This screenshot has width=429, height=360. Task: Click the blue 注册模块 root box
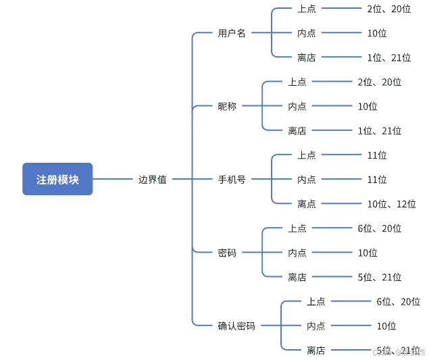click(x=57, y=179)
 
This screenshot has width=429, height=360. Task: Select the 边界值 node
click(x=153, y=180)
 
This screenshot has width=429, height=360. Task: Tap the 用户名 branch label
click(x=232, y=33)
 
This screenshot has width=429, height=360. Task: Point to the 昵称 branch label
click(x=227, y=106)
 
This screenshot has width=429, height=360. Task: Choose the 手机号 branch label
click(x=232, y=180)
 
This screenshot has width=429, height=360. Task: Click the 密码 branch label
click(x=227, y=253)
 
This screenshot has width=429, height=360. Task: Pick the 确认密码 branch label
click(x=236, y=326)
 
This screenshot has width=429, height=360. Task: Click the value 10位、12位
click(x=392, y=204)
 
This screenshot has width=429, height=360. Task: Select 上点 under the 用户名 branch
click(x=306, y=9)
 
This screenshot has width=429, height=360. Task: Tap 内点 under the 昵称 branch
click(x=297, y=106)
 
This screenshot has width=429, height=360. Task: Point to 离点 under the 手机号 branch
click(x=306, y=204)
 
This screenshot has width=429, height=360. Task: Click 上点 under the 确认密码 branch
click(x=316, y=301)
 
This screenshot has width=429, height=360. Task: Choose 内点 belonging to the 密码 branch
click(x=297, y=253)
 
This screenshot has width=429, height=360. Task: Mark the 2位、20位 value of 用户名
click(x=389, y=9)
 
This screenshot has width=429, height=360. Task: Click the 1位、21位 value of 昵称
click(x=380, y=131)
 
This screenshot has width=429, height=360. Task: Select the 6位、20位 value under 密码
click(x=380, y=228)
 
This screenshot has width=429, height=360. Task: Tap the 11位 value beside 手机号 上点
click(x=377, y=155)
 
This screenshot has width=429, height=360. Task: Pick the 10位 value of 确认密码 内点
click(x=386, y=326)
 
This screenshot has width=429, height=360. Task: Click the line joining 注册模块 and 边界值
click(x=113, y=179)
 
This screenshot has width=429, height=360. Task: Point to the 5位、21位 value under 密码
click(x=380, y=277)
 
